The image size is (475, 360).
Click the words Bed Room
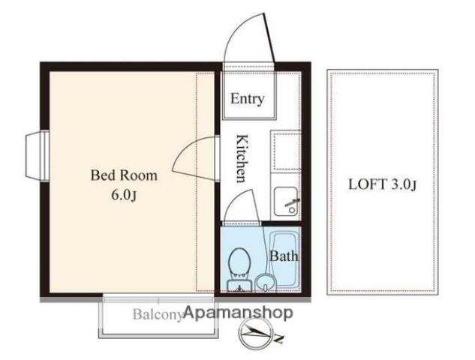pos(124,176)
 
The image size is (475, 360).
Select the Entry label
pos(247,99)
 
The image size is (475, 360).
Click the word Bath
pos(284,256)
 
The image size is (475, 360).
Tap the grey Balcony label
pos(158,314)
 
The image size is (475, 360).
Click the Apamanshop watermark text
pos(238,313)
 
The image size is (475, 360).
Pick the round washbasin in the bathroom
pos(265,283)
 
